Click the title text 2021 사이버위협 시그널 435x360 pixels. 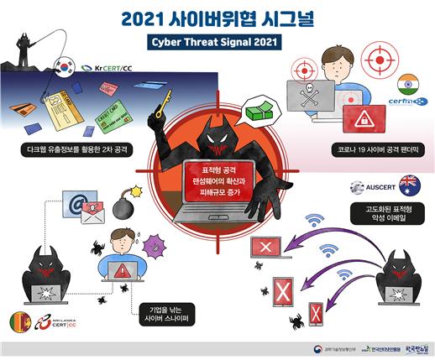click(x=217, y=18)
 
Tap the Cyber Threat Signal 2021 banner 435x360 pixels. click(x=217, y=41)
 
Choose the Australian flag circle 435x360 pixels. click(x=409, y=182)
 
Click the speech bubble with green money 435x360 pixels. click(x=255, y=112)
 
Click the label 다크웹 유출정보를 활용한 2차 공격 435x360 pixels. click(x=71, y=152)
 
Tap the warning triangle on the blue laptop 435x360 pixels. click(x=122, y=271)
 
